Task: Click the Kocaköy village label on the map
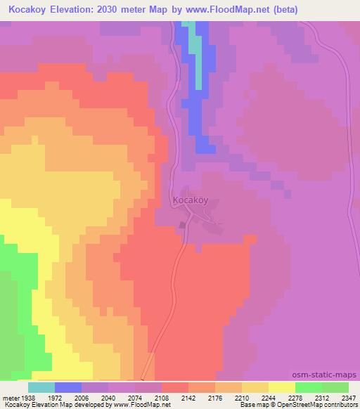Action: point(191,200)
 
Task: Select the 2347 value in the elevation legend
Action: point(349,396)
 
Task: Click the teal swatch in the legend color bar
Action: point(41,387)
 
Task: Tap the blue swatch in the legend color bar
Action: point(68,387)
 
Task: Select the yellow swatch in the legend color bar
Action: point(282,387)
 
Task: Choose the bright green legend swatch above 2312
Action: point(309,387)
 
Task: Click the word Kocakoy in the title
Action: point(28,10)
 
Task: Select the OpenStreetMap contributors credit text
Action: point(323,405)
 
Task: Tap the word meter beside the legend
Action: point(11,396)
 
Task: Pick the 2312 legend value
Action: point(323,396)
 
